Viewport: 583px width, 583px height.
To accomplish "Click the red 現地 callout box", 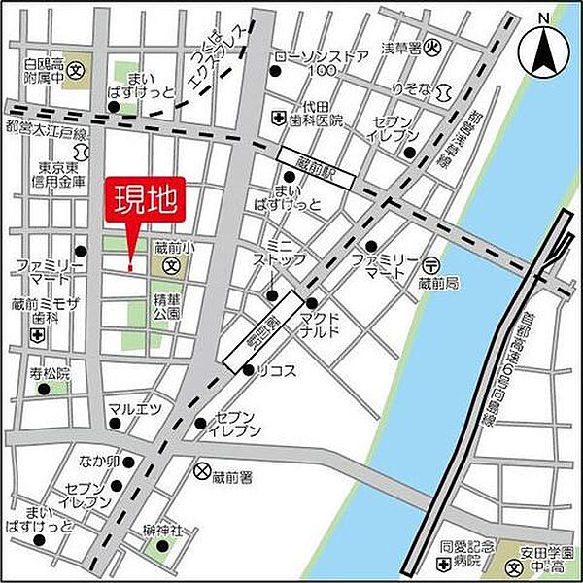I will tap(141, 203).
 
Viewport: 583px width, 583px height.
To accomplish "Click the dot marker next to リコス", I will tap(248, 370).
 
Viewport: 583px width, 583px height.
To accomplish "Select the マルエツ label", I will tap(134, 408).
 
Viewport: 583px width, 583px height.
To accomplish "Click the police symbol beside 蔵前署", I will tap(201, 472).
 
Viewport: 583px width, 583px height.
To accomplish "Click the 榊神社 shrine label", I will tap(161, 530).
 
